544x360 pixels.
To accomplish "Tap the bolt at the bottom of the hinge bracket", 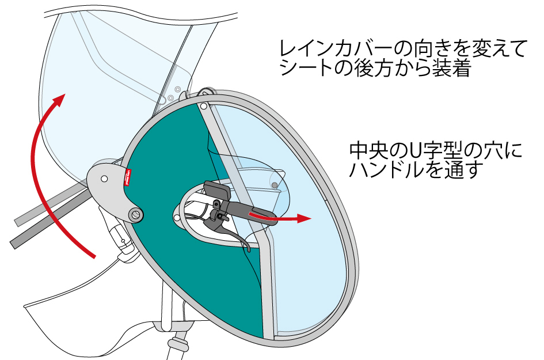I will coord(136,215).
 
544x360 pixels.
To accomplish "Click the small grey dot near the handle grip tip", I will coord(275,184).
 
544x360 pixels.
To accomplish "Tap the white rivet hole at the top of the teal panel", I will coord(204,106).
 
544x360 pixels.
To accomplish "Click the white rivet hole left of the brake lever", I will coord(176,218).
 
